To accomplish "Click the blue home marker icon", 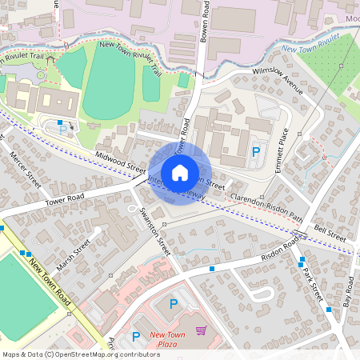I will point(180,172).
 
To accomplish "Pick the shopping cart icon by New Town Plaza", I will point(201,329).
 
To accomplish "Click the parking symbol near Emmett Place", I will point(256,150).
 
